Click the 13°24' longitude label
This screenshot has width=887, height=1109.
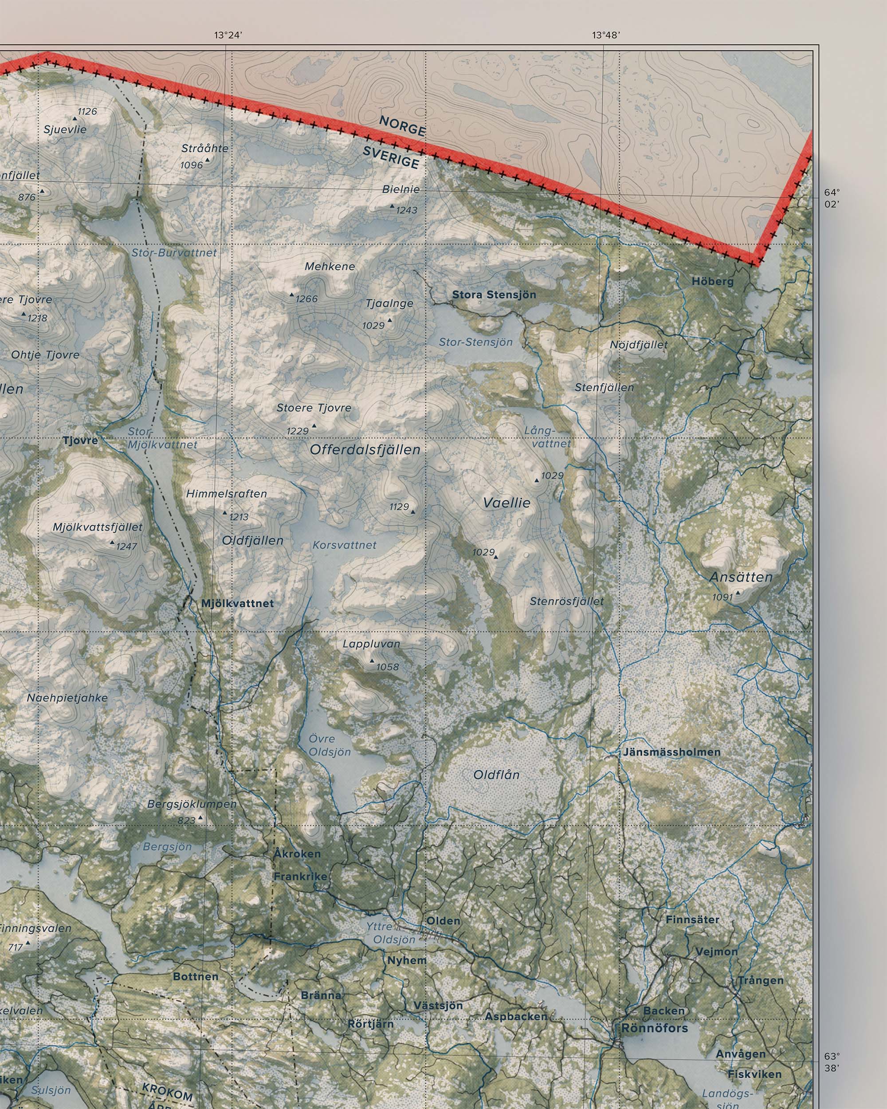pos(228,35)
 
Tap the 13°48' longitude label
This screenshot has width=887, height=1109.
pos(605,35)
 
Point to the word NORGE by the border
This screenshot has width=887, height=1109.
pos(402,126)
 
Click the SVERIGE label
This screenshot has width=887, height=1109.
pos(391,157)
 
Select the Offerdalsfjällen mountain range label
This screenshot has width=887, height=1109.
pos(365,449)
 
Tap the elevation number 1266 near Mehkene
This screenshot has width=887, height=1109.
pos(306,299)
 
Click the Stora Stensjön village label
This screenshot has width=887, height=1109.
pos(494,295)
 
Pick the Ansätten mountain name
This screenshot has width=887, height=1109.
pos(741,577)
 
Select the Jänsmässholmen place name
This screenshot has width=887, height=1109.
pos(671,752)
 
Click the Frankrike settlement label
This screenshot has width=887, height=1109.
pos(300,876)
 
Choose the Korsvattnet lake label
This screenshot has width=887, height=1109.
pos(345,545)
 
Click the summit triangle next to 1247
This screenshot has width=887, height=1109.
pos(112,542)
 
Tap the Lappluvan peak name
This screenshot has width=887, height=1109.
pos(371,644)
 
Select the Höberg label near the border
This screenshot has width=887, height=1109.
pos(712,281)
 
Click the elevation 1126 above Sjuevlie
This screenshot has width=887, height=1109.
pos(87,111)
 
